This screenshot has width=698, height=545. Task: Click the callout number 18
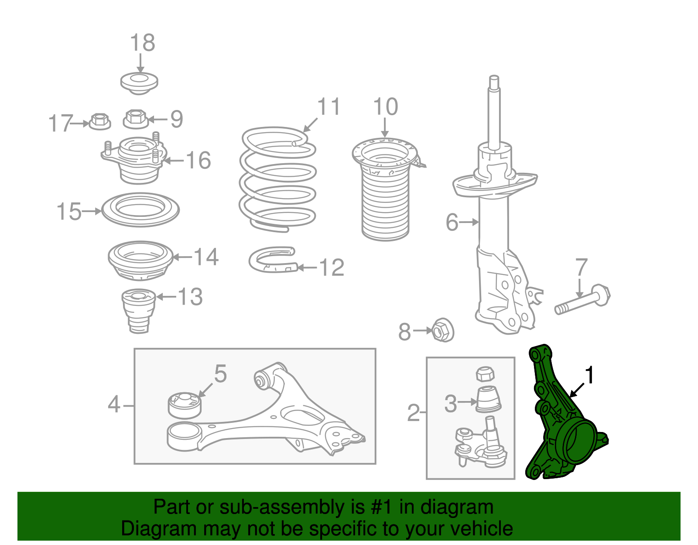click(x=142, y=43)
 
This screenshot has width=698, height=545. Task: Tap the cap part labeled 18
click(x=139, y=83)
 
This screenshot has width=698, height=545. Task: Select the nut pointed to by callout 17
click(x=99, y=122)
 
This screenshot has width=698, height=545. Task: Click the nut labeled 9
click(x=136, y=119)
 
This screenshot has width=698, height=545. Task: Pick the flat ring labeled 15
click(x=140, y=210)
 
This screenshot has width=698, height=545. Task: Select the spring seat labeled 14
click(x=140, y=261)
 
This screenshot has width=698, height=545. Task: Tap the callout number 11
click(x=328, y=106)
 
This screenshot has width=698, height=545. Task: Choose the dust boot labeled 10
click(x=386, y=189)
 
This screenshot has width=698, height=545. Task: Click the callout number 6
click(x=452, y=222)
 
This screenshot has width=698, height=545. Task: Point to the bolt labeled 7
click(x=582, y=299)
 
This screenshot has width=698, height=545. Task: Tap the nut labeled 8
click(x=442, y=330)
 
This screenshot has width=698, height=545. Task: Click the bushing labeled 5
click(x=185, y=405)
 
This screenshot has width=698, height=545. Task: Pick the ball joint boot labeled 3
click(x=488, y=400)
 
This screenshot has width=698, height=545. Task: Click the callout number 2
click(x=414, y=413)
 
